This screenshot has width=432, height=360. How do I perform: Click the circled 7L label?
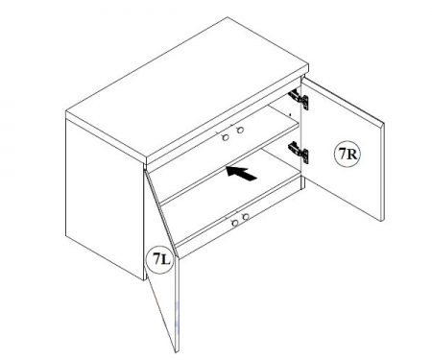[x=160, y=258]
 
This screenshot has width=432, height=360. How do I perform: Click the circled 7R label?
[x=348, y=154]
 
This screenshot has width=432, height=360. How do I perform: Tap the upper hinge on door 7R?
[x=299, y=99]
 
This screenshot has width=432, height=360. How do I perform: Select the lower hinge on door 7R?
[x=299, y=152]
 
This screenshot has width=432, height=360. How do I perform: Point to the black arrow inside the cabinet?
[x=242, y=173]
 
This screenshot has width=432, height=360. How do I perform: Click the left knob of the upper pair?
[x=226, y=137]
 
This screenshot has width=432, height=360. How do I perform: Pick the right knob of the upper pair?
[x=240, y=130]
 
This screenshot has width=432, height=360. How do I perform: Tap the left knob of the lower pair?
[x=235, y=223]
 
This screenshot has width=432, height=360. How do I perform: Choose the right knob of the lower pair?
[x=246, y=217]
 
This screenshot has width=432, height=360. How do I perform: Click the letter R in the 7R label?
[x=351, y=155]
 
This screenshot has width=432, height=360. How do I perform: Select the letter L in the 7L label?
[x=165, y=259]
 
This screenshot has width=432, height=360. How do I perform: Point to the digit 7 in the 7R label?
[x=343, y=154]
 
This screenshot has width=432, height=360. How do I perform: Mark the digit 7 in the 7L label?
[x=156, y=258]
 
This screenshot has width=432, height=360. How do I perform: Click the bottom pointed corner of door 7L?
[x=177, y=352]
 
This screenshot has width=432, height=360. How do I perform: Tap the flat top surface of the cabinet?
[x=187, y=88]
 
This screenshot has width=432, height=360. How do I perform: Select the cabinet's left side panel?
[x=105, y=199]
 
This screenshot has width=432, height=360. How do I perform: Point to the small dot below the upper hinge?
[x=290, y=114]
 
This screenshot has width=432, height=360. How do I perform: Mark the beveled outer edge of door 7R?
[x=382, y=171]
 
